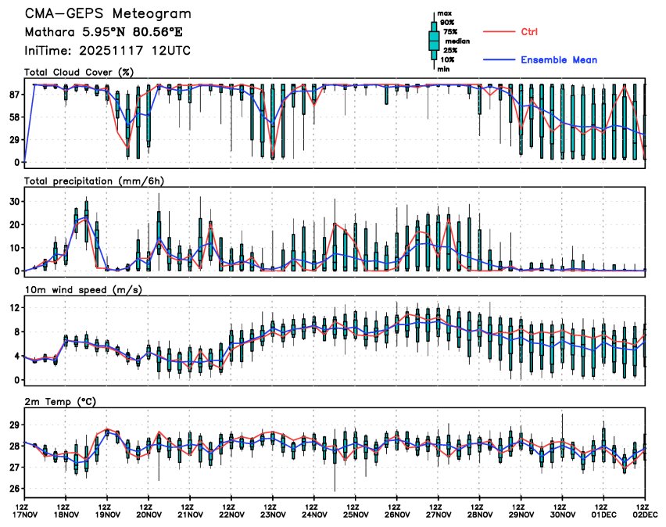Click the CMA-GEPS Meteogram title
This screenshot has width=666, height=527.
[107, 15]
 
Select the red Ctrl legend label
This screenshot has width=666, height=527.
[529, 31]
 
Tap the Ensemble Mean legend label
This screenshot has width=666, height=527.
[559, 59]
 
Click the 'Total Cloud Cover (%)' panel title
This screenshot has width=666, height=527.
[78, 72]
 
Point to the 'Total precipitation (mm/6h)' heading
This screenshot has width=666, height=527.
[93, 181]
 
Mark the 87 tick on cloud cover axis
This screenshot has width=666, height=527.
[14, 94]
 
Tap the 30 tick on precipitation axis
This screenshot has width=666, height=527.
[14, 201]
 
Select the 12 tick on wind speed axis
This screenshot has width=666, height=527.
[14, 307]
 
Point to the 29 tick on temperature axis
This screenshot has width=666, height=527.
[14, 425]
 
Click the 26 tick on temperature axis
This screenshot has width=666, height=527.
[14, 489]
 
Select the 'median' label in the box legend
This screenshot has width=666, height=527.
[457, 41]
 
